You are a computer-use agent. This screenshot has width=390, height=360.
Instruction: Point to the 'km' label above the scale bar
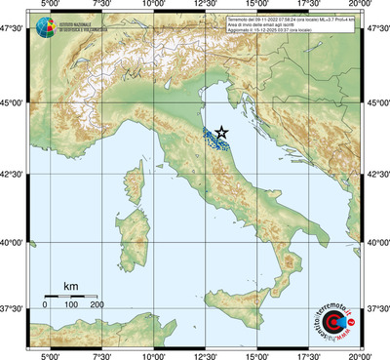point(70,285)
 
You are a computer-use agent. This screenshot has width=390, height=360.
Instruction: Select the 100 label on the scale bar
point(71,305)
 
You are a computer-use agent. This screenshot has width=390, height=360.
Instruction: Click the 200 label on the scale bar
point(97,305)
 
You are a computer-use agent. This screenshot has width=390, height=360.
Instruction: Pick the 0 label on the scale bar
point(45,305)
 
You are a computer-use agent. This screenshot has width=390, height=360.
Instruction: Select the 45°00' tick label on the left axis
point(13,102)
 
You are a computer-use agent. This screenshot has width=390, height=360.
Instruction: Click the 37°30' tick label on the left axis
point(13,308)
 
